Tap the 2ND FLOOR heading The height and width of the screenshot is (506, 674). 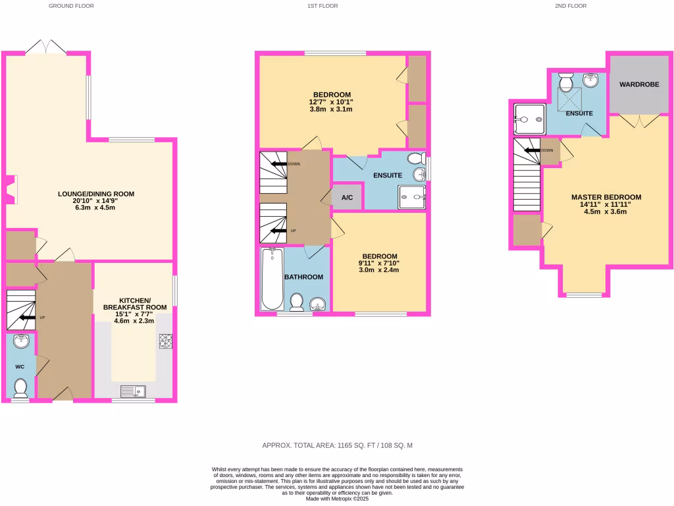coord(571,6)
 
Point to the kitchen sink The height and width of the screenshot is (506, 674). coord(134,391)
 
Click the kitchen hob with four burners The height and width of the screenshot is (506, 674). coord(165,341)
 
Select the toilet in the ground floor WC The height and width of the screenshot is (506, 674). coord(20,388)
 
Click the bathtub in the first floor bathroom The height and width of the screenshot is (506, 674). coord(272,279)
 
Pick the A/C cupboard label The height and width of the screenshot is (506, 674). coord(347,198)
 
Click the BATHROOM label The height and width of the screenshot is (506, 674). coord(303,277)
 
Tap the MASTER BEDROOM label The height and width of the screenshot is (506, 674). coord(606,197)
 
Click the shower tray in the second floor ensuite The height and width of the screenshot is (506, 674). coord(529,120)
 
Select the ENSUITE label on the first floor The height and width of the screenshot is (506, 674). coord(388,175)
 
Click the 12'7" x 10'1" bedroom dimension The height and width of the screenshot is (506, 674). coord(331,102)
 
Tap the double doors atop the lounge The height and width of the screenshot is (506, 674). coord(46,47)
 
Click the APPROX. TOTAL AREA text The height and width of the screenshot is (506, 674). coord(337,445)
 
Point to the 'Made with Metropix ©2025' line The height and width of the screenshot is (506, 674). coord(337,499)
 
